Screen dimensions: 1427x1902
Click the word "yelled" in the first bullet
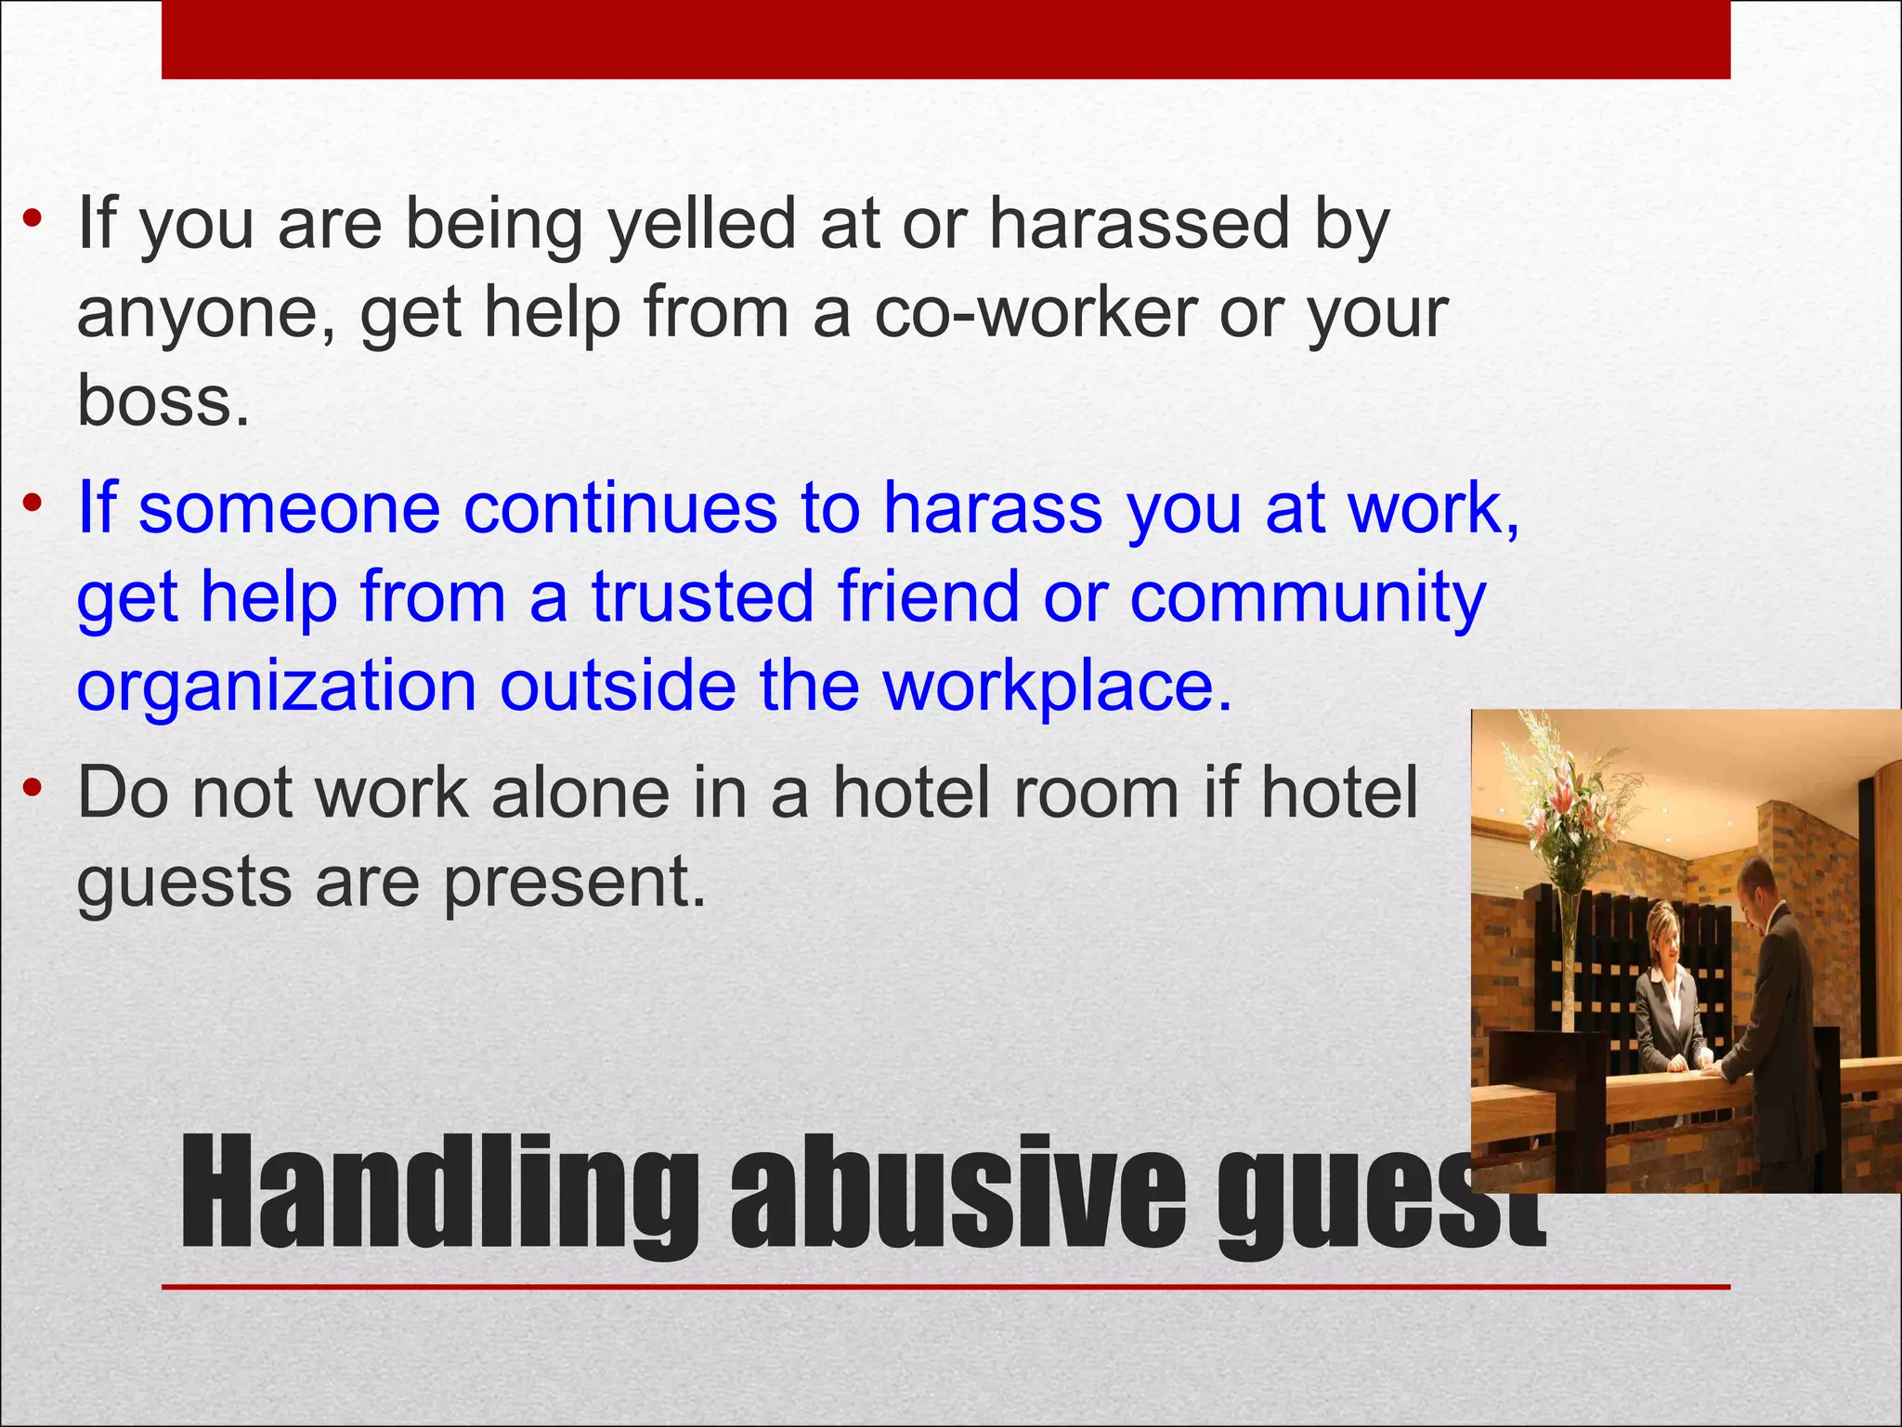click(x=702, y=224)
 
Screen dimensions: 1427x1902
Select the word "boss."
click(x=163, y=400)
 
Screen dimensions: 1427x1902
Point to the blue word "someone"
click(x=289, y=508)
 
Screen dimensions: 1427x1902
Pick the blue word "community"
click(x=1308, y=597)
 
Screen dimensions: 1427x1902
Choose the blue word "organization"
click(x=277, y=686)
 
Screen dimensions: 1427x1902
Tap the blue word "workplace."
click(x=1057, y=686)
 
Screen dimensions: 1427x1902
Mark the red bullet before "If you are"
click(x=33, y=221)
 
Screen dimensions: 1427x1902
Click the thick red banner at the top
click(x=945, y=39)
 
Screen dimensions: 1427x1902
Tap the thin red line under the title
click(x=945, y=1287)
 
